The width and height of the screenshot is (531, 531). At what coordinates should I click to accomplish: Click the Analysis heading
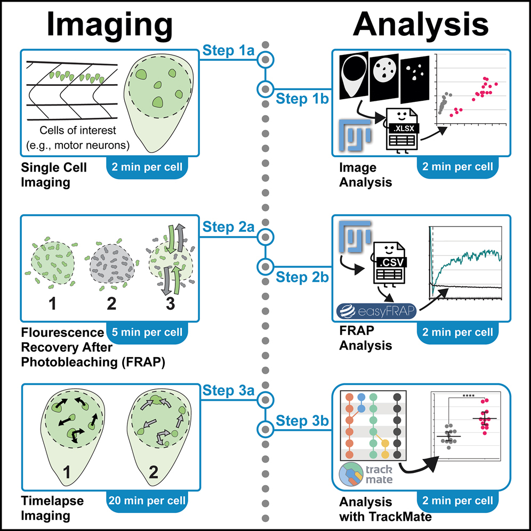(x=421, y=24)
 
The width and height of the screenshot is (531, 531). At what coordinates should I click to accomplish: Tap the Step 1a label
(x=228, y=52)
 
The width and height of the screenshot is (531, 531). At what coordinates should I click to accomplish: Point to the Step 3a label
(x=228, y=390)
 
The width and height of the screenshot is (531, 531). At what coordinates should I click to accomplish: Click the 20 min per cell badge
(x=147, y=501)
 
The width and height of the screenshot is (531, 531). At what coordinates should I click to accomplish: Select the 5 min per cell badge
(x=147, y=332)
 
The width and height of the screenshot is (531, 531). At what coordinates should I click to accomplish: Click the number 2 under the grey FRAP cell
(x=111, y=304)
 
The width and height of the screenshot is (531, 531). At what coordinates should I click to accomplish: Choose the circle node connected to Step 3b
(x=265, y=428)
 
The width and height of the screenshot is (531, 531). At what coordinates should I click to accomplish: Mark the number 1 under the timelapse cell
(x=68, y=471)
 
